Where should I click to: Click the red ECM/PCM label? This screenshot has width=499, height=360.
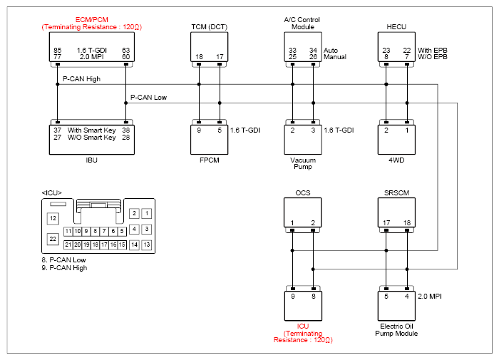[x=92, y=20]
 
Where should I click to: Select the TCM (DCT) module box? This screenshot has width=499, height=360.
[x=209, y=47]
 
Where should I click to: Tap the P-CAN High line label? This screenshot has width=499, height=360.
[x=81, y=79]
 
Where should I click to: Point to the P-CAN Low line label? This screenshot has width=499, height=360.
[x=148, y=98]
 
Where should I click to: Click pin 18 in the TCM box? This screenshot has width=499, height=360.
[x=199, y=56]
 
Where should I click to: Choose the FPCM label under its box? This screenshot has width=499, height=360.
[x=209, y=160]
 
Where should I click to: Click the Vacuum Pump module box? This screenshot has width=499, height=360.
[x=303, y=140]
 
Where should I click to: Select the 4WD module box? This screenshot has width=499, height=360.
[x=396, y=140]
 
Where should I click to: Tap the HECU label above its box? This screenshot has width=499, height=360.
[x=396, y=27]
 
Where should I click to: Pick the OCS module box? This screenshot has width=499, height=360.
[x=303, y=212]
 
